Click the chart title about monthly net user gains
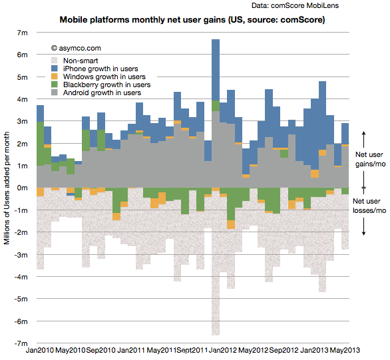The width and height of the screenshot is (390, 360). coord(192,20)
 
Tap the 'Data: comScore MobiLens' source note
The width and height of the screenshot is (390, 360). coord(295,5)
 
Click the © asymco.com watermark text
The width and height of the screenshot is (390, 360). coord(76,48)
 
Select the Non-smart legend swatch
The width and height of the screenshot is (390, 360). coord(54,61)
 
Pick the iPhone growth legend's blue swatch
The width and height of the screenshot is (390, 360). coord(54,69)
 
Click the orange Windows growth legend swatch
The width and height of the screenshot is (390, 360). coord(54,77)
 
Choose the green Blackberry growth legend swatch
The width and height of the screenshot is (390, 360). coord(54,85)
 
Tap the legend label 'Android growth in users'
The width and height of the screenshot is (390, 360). coord(102,92)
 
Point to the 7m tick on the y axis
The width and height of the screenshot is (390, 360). coord(22,33)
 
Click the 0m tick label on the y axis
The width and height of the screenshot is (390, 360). coord(22,188)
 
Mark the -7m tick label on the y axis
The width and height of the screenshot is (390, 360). coord(21,343)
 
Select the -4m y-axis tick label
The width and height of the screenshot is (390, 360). coord(21,277)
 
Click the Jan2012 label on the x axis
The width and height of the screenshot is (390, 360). coord(222,350)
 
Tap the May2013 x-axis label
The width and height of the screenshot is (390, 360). coord(345,350)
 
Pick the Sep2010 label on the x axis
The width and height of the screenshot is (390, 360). coord(100,350)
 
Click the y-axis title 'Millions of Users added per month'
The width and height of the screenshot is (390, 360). coord(7,188)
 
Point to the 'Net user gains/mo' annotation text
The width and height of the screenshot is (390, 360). coord(370,159)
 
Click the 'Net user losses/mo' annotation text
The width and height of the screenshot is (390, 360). coord(369,206)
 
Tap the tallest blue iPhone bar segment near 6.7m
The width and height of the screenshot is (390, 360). coord(216,70)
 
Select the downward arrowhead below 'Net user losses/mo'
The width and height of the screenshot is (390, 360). coord(363,233)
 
